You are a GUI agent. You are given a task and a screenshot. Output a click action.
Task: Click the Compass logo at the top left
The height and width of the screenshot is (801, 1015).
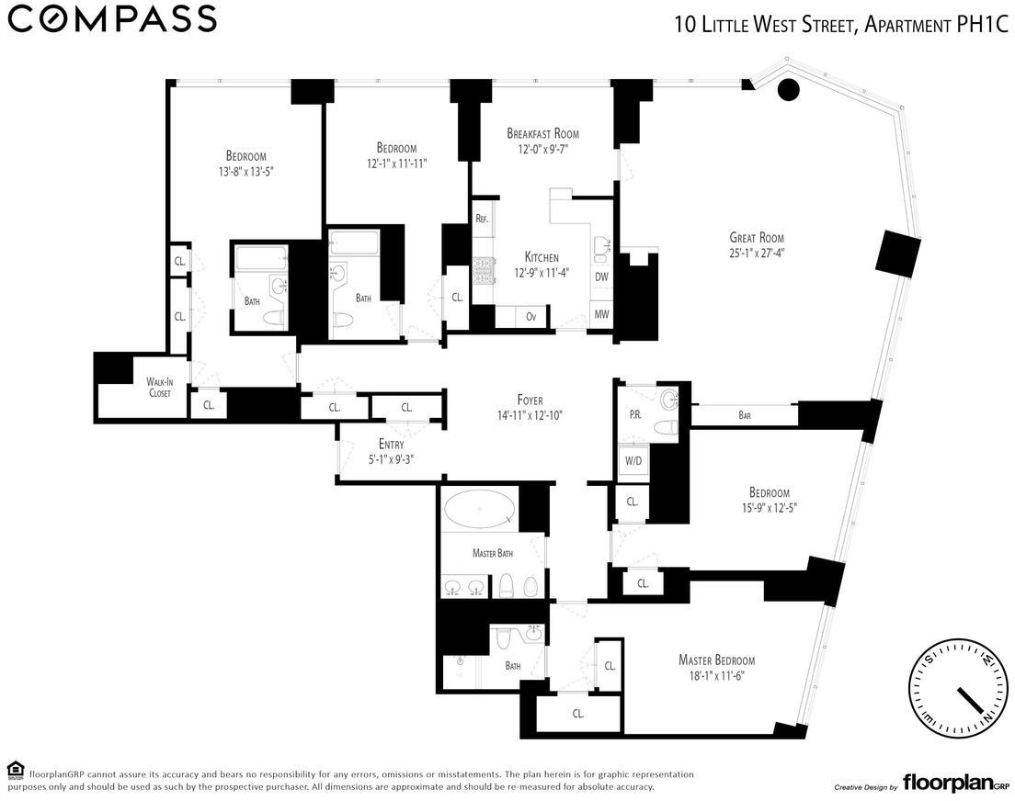click(x=112, y=18)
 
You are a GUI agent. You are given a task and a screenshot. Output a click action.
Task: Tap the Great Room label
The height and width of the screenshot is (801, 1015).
click(x=757, y=238)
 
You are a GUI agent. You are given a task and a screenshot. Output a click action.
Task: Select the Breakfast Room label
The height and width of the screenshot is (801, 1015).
click(x=542, y=134)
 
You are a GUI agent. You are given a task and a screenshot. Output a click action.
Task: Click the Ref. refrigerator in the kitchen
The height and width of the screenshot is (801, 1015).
click(x=482, y=219)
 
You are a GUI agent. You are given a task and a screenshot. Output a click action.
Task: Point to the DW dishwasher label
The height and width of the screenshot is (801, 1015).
click(x=601, y=276)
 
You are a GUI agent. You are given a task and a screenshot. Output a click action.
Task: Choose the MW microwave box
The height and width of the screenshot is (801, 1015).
click(x=601, y=315)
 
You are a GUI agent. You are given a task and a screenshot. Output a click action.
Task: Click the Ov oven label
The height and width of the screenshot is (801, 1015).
click(x=531, y=317)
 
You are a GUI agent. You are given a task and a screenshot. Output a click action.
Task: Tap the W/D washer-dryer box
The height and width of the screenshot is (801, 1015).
click(x=633, y=460)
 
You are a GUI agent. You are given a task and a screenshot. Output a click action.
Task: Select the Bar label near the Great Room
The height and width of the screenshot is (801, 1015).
click(x=745, y=415)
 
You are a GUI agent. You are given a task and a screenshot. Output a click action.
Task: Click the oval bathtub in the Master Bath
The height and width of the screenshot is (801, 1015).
click(x=480, y=509)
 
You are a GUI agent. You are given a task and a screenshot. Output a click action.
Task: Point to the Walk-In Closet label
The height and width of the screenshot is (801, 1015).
click(x=159, y=387)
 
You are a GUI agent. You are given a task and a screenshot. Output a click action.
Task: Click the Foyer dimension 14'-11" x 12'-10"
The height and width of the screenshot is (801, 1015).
click(x=530, y=415)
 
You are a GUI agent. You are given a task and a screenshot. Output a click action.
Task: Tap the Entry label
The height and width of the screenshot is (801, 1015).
click(x=391, y=444)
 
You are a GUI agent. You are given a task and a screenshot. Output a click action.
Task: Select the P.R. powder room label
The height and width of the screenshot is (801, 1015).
click(x=635, y=414)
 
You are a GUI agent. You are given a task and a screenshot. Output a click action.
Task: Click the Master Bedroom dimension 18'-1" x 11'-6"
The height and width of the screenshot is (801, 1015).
click(x=716, y=676)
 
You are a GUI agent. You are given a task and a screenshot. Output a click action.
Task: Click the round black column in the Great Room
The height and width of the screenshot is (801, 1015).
click(x=788, y=89)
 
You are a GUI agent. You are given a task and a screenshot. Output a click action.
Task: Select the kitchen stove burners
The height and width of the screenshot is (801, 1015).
click(x=483, y=270)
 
